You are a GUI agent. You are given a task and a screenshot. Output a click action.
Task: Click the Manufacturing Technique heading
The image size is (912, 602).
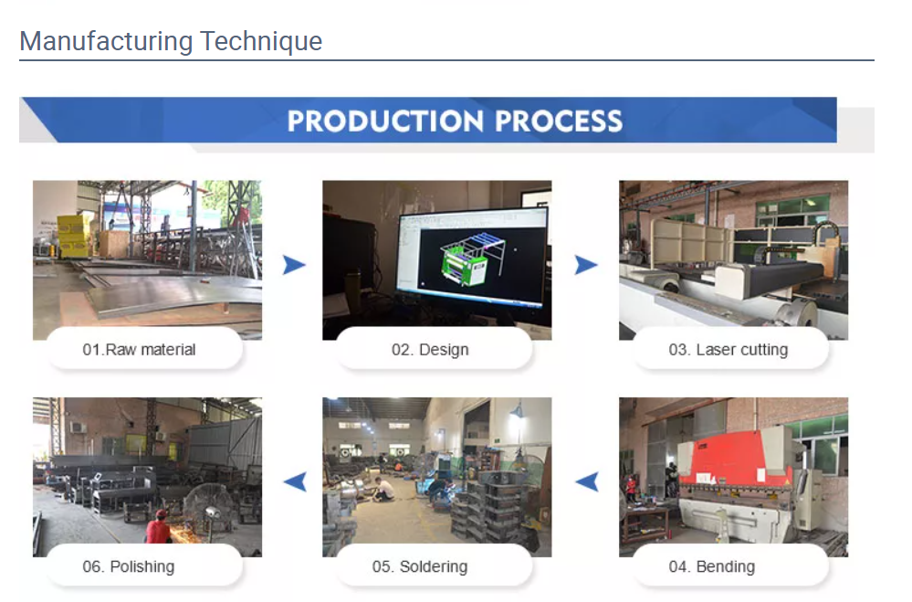[171, 41]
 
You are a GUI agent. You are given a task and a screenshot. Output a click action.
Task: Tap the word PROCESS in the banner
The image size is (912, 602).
[560, 121]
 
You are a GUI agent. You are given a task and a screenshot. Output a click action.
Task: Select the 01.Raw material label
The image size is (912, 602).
[139, 349]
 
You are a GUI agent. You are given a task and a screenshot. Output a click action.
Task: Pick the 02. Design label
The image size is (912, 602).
[430, 349]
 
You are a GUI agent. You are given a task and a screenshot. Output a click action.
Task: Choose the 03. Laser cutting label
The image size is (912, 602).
[728, 349]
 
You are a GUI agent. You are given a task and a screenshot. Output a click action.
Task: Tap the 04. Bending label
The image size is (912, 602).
[711, 566]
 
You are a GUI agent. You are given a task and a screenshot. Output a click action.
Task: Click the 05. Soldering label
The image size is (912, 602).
[419, 566]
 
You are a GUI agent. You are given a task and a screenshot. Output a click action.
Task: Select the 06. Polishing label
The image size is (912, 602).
[128, 566]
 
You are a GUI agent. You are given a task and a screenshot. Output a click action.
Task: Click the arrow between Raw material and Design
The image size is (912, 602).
[294, 265]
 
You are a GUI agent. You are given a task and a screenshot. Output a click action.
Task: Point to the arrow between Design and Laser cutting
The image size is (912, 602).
[586, 265]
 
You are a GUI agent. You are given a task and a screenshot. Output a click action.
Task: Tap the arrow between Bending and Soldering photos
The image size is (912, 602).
[586, 481]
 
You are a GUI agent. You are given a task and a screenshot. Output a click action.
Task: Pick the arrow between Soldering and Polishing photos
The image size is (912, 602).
[294, 481]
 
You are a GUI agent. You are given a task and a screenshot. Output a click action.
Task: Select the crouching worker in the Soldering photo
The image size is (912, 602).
[385, 489]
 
